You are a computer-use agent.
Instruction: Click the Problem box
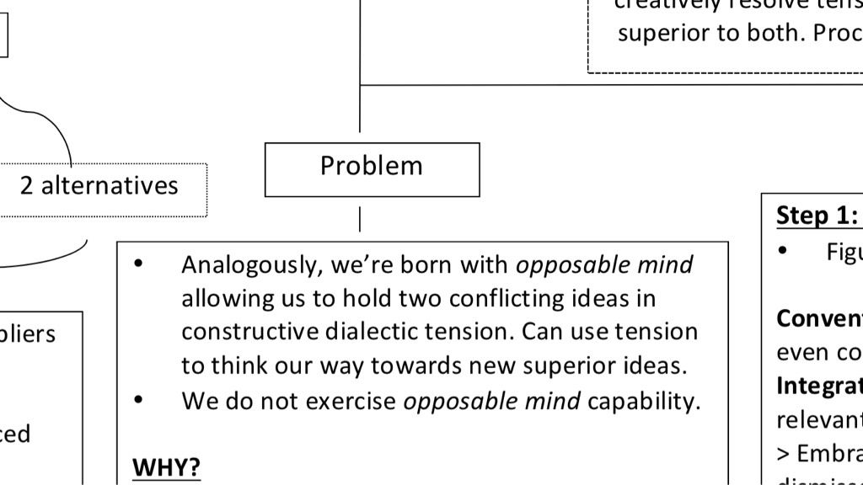point(372,169)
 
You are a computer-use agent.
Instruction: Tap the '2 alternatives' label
point(99,185)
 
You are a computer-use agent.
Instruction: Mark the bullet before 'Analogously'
point(139,264)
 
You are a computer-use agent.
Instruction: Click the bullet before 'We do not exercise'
point(139,400)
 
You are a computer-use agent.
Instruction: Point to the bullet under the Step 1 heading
point(783,251)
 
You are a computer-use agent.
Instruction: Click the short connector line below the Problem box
point(360,219)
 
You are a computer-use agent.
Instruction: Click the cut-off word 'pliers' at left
point(29,333)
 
